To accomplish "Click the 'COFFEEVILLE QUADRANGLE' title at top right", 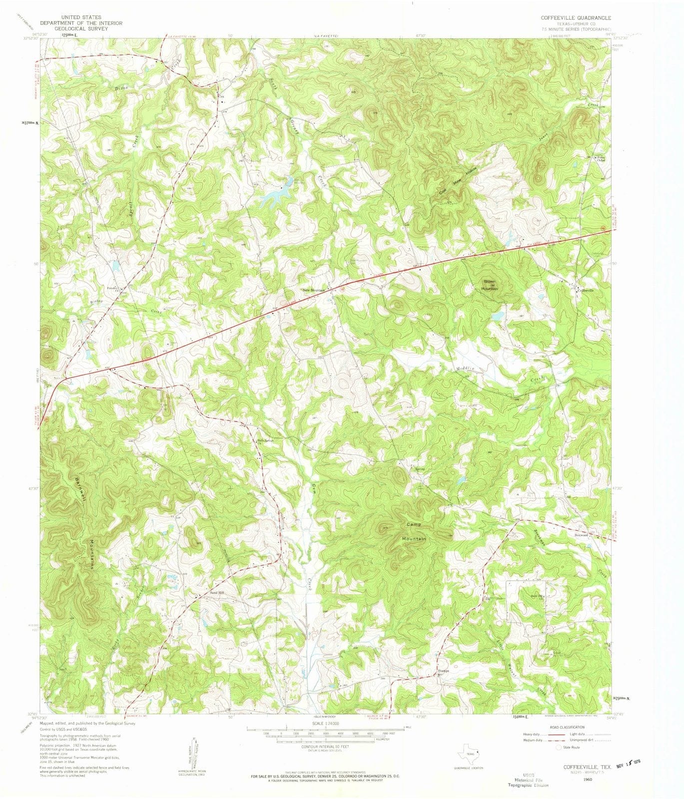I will (x=576, y=18).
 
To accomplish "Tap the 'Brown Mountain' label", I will (x=489, y=285).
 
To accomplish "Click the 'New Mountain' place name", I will (x=313, y=291).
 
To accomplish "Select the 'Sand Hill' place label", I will (x=217, y=592).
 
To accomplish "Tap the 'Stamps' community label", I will (x=443, y=671).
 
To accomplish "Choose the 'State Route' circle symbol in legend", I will (x=559, y=748).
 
